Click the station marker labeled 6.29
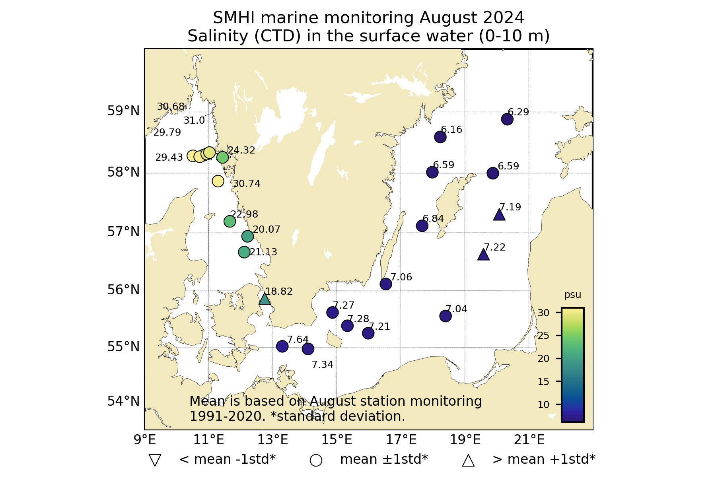[507, 119]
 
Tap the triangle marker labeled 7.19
[499, 215]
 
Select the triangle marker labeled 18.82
[265, 299]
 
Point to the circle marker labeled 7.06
[385, 284]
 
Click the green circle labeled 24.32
[222, 157]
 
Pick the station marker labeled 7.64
[282, 346]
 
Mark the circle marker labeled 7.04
[445, 316]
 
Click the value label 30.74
[247, 184]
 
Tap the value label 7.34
[322, 365]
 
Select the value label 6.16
[451, 130]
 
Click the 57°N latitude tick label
[123, 231]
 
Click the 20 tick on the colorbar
[543, 359]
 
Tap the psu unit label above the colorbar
[572, 295]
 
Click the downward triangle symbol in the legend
[154, 460]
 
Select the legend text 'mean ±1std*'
[384, 459]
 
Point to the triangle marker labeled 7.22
[483, 255]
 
